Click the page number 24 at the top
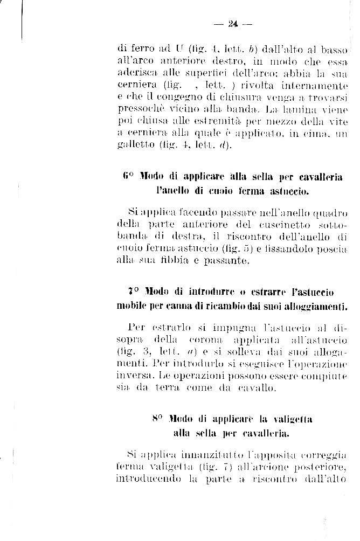pyautogui.click(x=233, y=24)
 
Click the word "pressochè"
pyautogui.click(x=137, y=109)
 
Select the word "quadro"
pyautogui.click(x=328, y=213)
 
